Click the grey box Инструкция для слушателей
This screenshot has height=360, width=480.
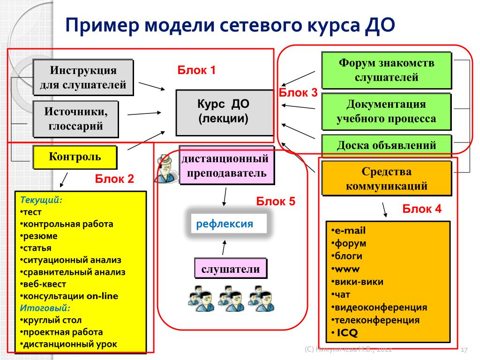(x=83, y=77)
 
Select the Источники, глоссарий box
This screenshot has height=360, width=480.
(x=75, y=119)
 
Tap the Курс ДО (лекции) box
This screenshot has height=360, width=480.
(x=225, y=112)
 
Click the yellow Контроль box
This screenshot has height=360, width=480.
(x=75, y=157)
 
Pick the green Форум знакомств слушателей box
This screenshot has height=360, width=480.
(x=386, y=70)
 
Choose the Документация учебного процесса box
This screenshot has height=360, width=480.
(x=386, y=112)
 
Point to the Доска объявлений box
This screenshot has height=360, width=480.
(x=386, y=145)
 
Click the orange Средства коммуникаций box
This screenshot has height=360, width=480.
(x=386, y=179)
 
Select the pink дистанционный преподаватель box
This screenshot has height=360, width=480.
(x=226, y=165)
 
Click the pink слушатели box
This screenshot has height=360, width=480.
(x=231, y=269)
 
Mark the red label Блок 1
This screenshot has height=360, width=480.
(x=196, y=70)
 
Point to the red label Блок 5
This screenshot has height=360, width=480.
(x=276, y=201)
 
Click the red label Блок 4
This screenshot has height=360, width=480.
(x=422, y=209)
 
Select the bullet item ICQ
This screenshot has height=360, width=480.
(x=345, y=332)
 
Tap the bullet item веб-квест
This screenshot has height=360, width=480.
(x=43, y=284)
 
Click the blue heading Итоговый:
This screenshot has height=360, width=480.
(x=45, y=307)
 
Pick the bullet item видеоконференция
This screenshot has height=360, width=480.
(x=379, y=307)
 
